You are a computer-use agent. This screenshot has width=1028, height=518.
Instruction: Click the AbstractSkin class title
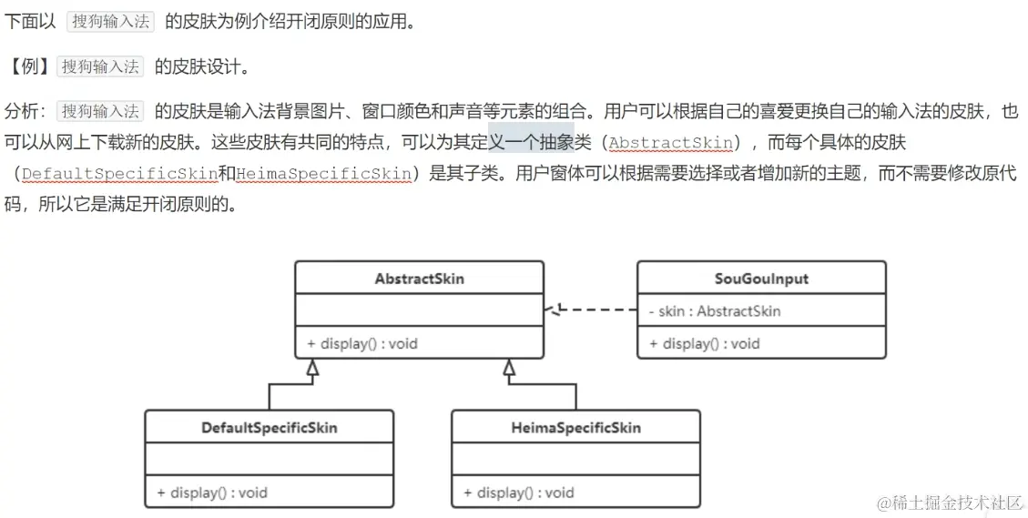click(419, 279)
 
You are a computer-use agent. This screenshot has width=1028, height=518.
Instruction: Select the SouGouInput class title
click(761, 279)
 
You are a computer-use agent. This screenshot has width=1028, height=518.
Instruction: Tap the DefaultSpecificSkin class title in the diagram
click(270, 427)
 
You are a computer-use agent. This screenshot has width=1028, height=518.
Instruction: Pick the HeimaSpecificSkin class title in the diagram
click(575, 427)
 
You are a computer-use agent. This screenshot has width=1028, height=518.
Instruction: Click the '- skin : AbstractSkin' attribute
click(715, 311)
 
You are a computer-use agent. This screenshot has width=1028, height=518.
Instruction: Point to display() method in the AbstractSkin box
click(362, 343)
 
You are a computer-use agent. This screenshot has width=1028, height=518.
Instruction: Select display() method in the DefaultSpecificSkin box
click(212, 493)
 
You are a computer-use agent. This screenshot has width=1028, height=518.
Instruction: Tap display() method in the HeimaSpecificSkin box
click(519, 493)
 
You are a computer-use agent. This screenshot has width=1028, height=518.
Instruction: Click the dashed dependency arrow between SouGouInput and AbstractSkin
click(592, 310)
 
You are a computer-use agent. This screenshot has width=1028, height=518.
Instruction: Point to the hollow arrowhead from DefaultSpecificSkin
click(312, 368)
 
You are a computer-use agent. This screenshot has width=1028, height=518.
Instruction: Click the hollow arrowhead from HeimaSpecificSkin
click(509, 368)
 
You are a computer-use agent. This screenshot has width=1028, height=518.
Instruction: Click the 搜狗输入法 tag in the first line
click(111, 21)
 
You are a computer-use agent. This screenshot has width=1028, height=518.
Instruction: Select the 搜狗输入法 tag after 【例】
click(100, 66)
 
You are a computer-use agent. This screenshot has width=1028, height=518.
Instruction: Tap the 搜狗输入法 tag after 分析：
click(100, 111)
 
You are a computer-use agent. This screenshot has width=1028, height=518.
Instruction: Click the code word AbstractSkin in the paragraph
click(671, 143)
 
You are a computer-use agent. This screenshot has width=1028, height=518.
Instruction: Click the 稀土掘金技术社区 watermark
click(952, 502)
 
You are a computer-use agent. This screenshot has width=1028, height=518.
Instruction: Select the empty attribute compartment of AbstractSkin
click(419, 310)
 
